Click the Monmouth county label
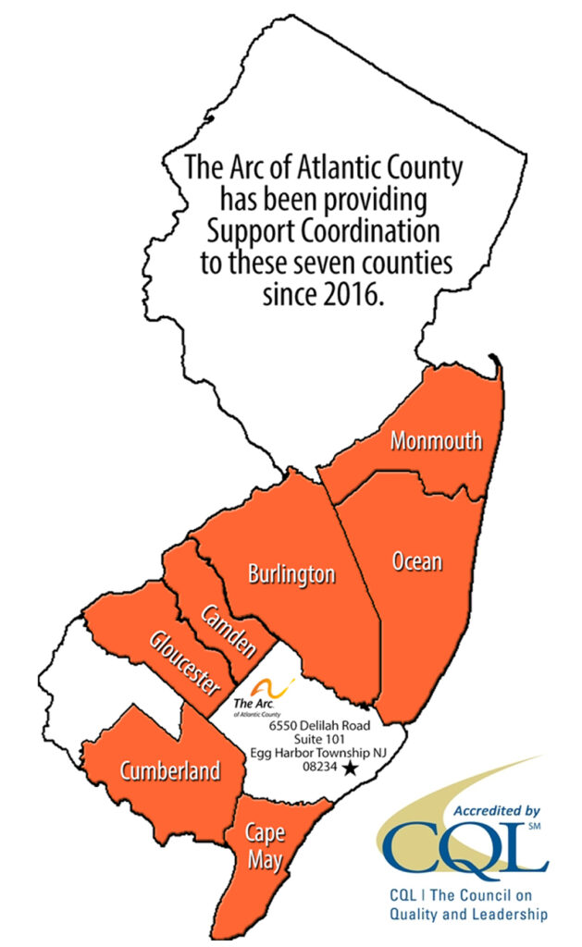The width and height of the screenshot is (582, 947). coord(436,440)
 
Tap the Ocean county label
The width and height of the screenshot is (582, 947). coord(417,560)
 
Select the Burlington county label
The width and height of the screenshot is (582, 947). coord(291,574)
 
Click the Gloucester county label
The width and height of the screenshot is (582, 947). coord(186,663)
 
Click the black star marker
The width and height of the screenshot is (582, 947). coord(349,769)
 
